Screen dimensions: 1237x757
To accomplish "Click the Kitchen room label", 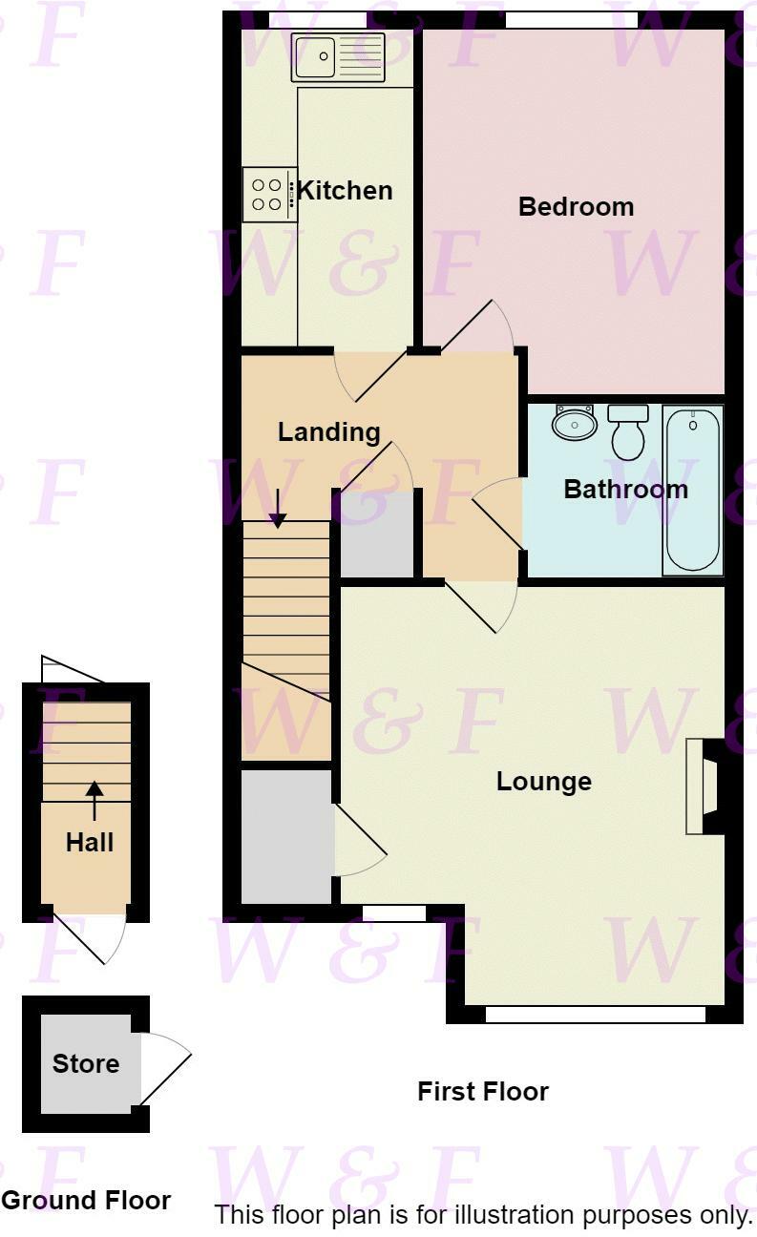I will pyautogui.click(x=345, y=190).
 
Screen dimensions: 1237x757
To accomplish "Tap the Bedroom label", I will pyautogui.click(x=576, y=206).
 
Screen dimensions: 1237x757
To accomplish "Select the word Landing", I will pyautogui.click(x=328, y=432).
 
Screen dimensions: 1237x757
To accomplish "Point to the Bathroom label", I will pyautogui.click(x=625, y=490).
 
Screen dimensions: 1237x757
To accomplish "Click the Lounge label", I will pyautogui.click(x=544, y=782).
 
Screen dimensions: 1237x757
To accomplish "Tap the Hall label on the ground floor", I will pyautogui.click(x=90, y=842).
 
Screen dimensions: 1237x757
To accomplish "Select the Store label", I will pyautogui.click(x=86, y=1063).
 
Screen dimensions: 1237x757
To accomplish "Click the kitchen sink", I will pyautogui.click(x=337, y=57).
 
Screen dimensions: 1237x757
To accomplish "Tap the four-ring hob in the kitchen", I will pyautogui.click(x=268, y=195).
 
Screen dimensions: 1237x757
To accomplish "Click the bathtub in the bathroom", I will pyautogui.click(x=692, y=490).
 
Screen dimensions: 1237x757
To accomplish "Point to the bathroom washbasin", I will pyautogui.click(x=575, y=423).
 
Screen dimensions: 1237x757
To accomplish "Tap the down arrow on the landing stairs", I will pyautogui.click(x=278, y=509).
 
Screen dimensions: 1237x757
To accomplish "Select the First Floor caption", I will pyautogui.click(x=483, y=1091).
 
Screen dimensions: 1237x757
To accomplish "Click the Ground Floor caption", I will pyautogui.click(x=86, y=1201).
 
